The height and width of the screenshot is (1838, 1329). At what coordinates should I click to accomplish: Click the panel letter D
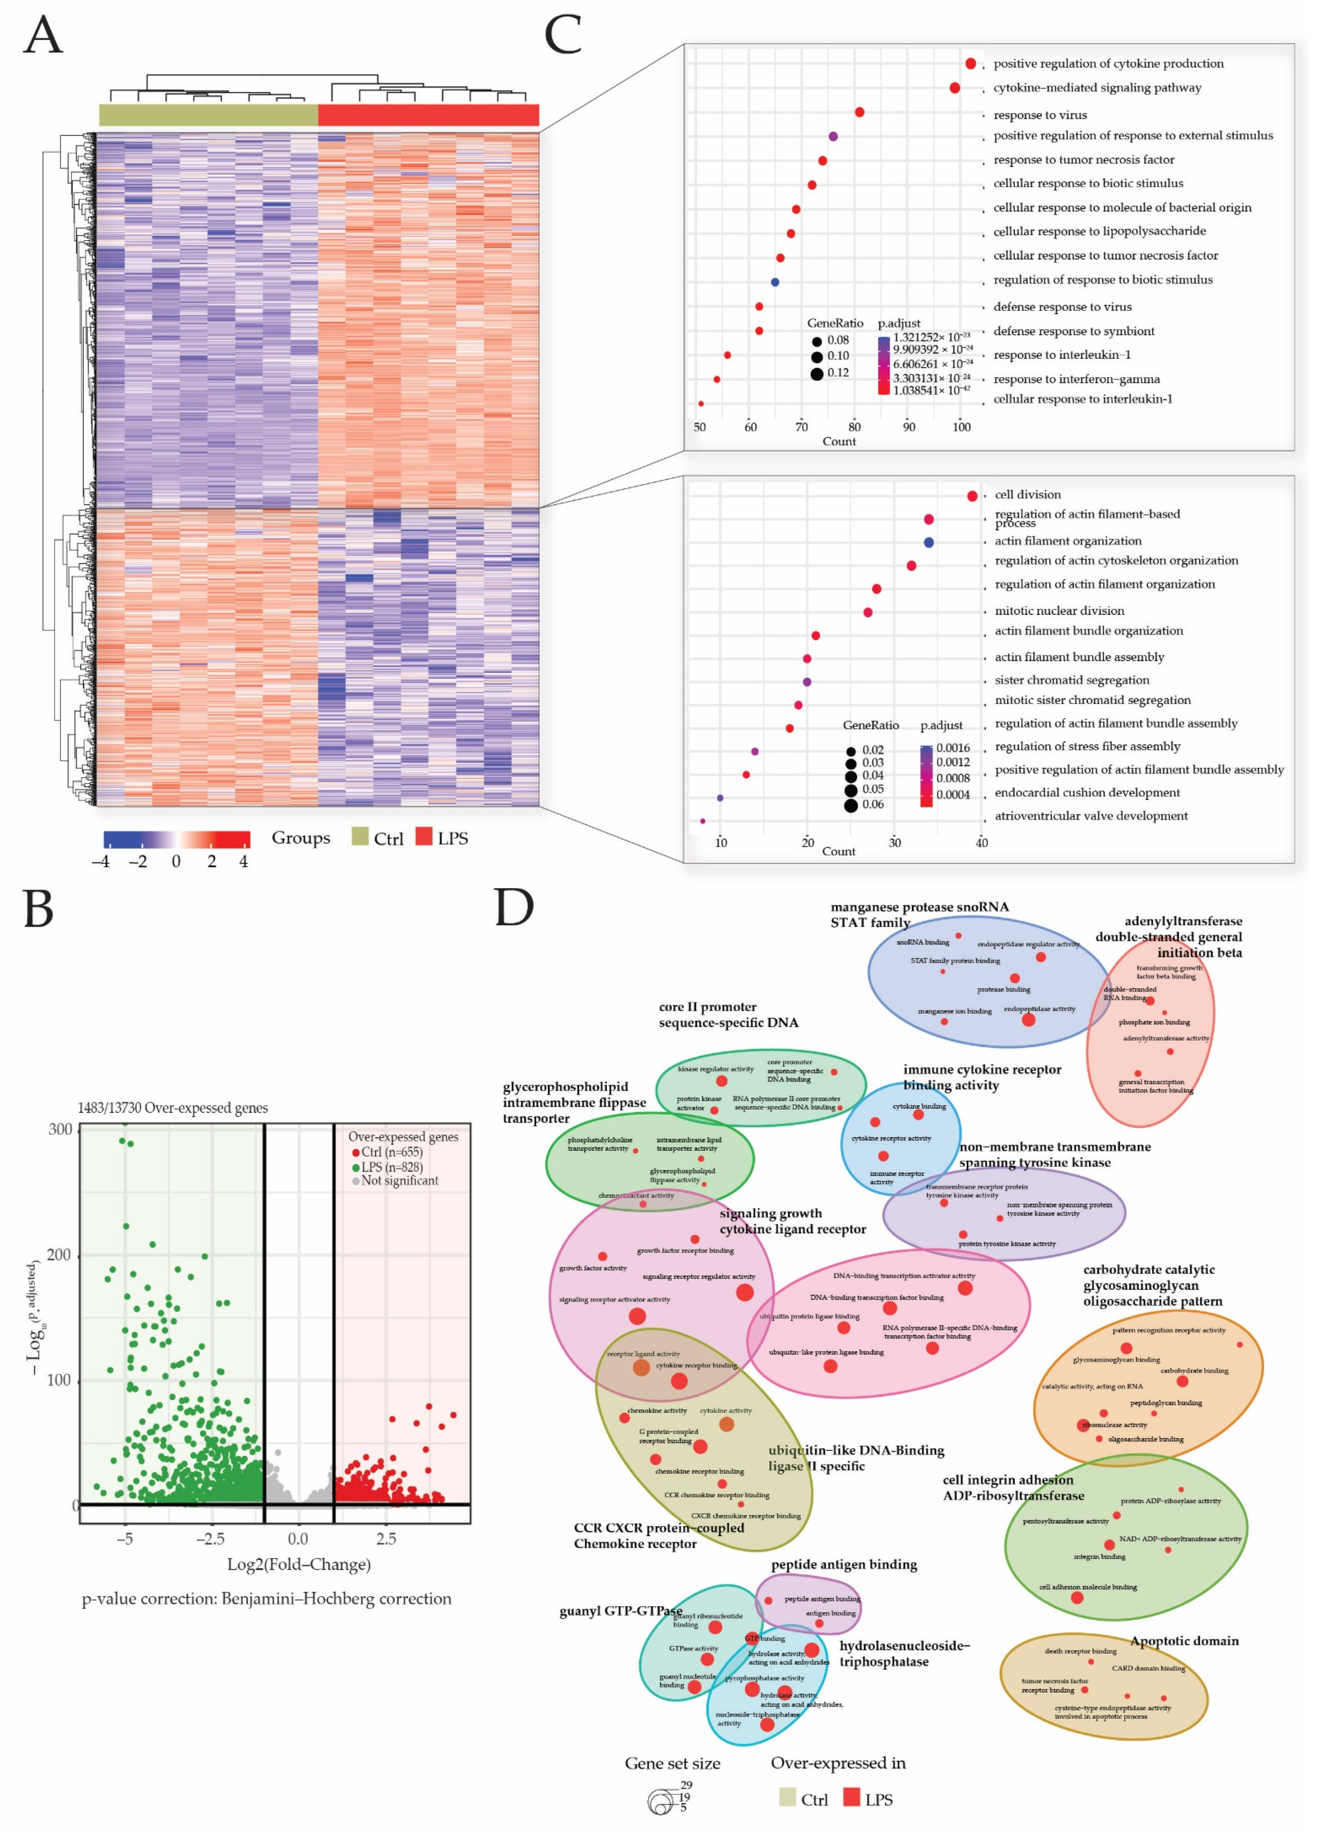[x=515, y=909]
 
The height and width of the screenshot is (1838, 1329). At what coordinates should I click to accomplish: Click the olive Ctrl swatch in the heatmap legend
[x=360, y=836]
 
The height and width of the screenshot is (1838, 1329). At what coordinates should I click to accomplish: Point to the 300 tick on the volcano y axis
[x=60, y=1130]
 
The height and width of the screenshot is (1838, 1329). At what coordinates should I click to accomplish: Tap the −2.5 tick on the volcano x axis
[x=210, y=1538]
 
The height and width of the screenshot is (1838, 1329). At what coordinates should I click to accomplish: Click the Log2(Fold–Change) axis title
[x=298, y=1564]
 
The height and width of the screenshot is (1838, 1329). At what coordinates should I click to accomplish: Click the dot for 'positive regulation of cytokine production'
[x=971, y=63]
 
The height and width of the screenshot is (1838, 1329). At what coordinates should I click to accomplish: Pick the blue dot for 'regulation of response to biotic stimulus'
[x=775, y=282]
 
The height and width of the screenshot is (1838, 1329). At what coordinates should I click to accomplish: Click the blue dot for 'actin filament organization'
[x=929, y=542]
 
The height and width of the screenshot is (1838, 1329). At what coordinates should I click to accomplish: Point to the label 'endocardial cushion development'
[x=1087, y=793]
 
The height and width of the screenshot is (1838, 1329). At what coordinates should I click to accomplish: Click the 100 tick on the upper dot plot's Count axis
[x=961, y=427]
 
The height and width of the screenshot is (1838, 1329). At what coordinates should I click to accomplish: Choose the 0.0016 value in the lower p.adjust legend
[x=953, y=748]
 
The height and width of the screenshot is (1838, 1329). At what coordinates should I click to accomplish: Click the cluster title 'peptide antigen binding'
[x=843, y=1564]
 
